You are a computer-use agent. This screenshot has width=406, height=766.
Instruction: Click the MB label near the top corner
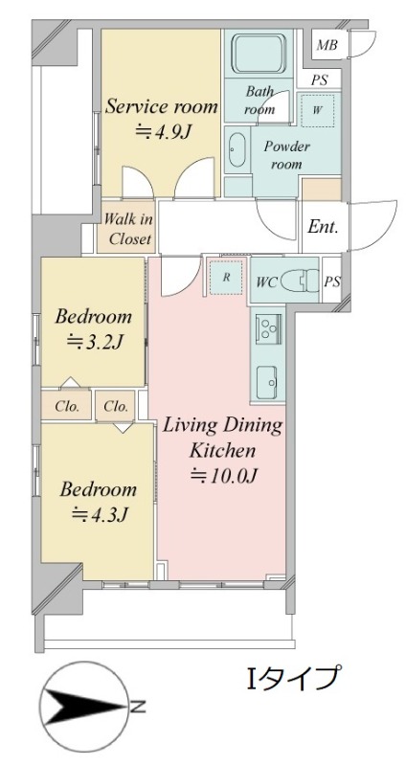327,45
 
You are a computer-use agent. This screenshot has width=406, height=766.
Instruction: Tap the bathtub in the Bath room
258,54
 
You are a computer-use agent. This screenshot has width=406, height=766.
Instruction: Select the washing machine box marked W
317,110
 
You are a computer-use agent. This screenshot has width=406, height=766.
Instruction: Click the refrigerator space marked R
226,278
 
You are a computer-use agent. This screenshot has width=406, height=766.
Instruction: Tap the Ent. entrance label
323,226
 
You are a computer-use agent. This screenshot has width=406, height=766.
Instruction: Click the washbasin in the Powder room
237,150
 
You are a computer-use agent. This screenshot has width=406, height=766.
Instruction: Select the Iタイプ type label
292,678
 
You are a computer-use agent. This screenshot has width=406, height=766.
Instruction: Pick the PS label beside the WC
331,282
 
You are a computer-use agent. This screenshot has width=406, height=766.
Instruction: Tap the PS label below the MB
319,79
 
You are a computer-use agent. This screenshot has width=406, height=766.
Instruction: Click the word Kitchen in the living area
222,450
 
